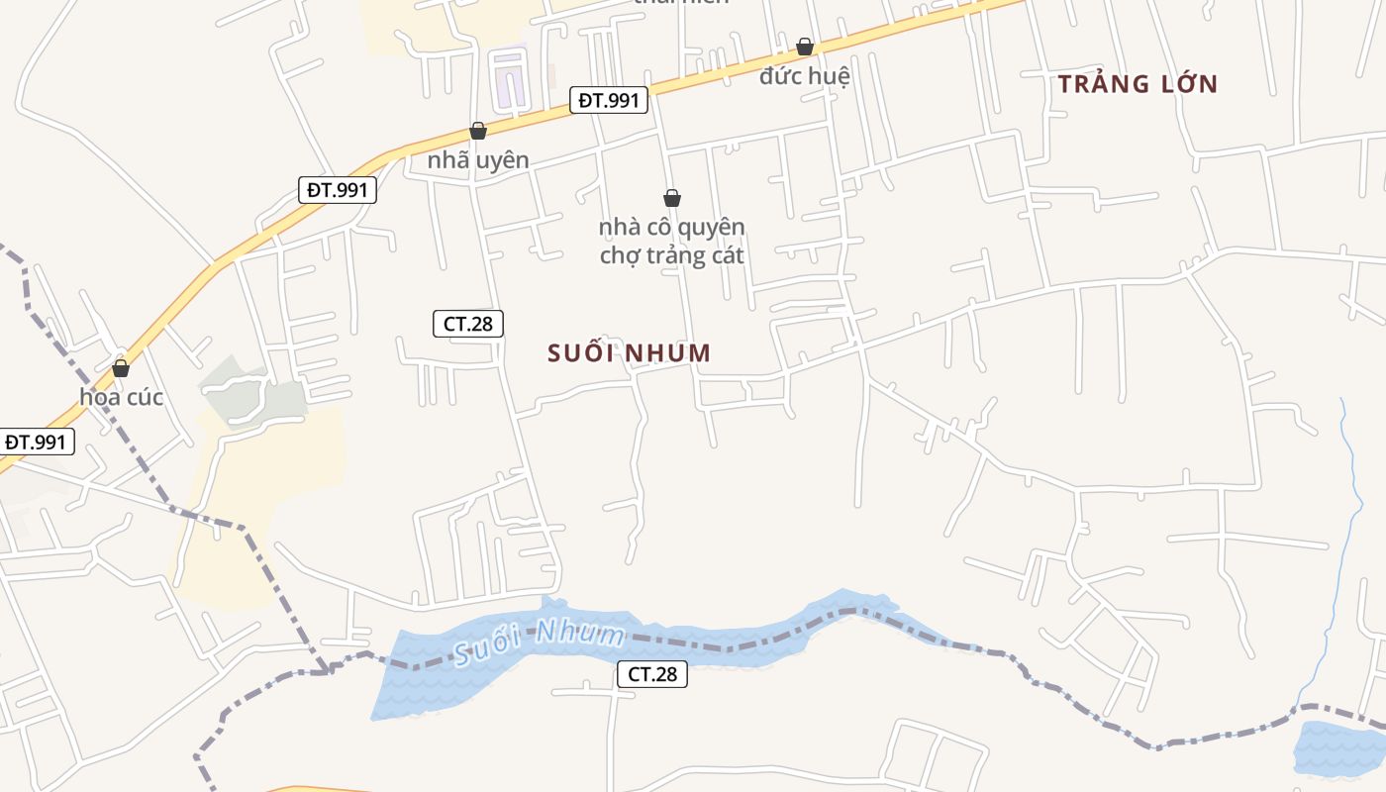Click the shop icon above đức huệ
(805, 47)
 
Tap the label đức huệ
(805, 75)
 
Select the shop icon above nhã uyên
(478, 131)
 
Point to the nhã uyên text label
(478, 159)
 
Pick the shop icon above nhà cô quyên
(672, 198)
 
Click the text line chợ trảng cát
(672, 255)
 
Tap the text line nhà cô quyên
(672, 227)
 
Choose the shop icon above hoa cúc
(121, 368)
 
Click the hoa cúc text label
(121, 397)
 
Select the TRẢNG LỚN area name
(1138, 84)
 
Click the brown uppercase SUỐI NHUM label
(630, 352)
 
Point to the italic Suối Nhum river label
(540, 641)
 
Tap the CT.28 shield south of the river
(652, 674)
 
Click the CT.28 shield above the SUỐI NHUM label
(468, 323)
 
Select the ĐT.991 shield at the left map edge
(36, 442)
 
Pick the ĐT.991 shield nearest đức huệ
(609, 100)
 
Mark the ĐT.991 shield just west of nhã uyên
(338, 189)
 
